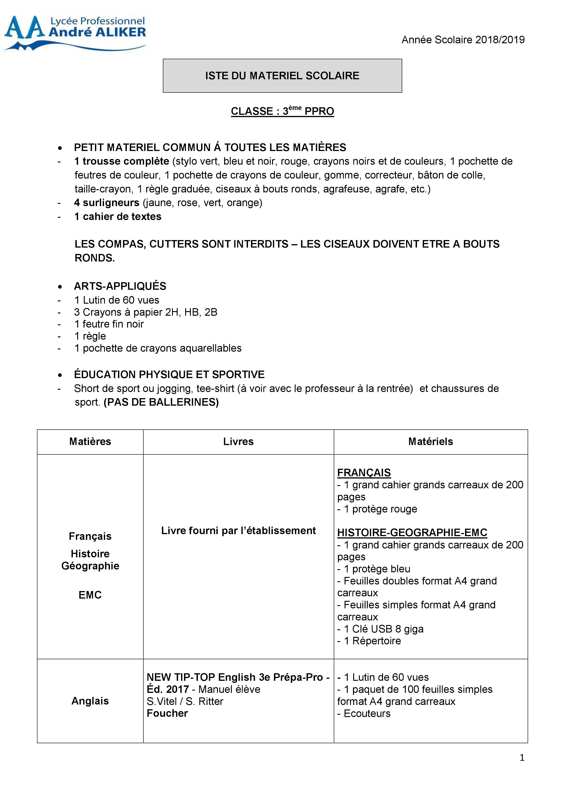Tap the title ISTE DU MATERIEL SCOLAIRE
282,76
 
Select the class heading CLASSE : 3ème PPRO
282,111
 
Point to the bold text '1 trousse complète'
121,161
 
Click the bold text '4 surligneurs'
106,202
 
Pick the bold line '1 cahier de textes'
118,216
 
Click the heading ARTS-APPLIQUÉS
120,286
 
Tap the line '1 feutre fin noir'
109,324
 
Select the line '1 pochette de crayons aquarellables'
158,348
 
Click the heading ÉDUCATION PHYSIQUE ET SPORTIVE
169,374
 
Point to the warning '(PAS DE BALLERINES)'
161,402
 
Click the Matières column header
90,442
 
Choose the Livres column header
238,442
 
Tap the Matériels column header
430,442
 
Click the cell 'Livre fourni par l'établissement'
238,531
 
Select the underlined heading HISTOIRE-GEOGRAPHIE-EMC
412,533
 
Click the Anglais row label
90,701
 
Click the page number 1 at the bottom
522,758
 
